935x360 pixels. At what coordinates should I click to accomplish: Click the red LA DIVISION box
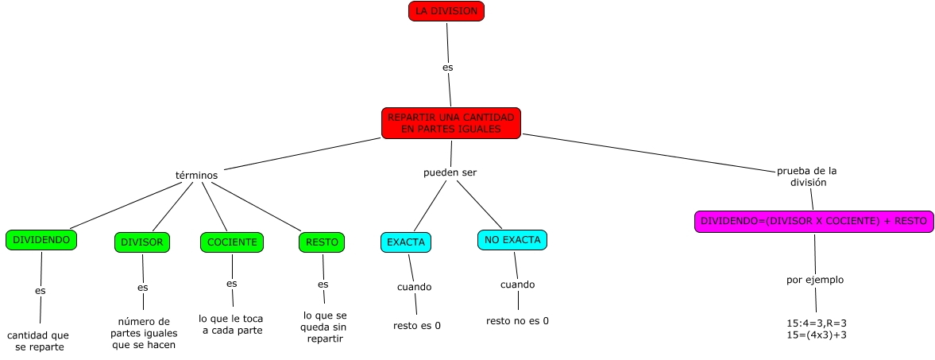(446, 11)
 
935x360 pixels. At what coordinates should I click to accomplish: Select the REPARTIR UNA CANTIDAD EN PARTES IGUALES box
(450, 123)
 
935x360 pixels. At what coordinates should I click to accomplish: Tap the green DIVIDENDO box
(41, 239)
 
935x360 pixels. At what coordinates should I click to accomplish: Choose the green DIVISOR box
(142, 242)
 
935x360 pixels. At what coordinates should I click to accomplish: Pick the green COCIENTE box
(231, 242)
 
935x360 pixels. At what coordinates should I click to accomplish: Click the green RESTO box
(322, 242)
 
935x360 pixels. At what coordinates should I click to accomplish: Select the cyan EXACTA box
(406, 242)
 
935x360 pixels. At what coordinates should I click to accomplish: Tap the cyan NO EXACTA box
(513, 239)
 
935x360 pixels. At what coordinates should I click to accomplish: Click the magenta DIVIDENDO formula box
(813, 222)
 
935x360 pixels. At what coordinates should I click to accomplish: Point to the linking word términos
(196, 175)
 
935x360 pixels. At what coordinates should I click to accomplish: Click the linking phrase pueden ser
(450, 172)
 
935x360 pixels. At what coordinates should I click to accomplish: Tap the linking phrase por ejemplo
(814, 280)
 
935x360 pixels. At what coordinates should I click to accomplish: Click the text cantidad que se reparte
(38, 341)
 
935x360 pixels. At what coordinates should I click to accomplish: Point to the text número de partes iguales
(144, 333)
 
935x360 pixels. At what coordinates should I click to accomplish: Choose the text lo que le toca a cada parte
(231, 324)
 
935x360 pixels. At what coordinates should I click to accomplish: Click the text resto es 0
(417, 325)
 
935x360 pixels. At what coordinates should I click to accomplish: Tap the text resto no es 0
(517, 321)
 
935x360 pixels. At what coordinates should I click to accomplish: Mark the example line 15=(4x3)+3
(817, 335)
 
